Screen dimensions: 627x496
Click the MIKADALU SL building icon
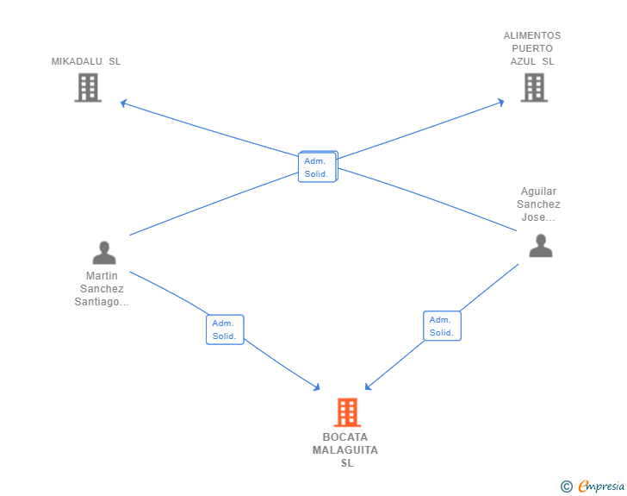pyautogui.click(x=88, y=88)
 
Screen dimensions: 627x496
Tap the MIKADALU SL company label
pyautogui.click(x=86, y=61)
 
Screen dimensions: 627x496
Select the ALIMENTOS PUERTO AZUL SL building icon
pyautogui.click(x=534, y=88)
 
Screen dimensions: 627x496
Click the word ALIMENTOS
pyautogui.click(x=532, y=35)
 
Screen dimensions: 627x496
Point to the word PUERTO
pyautogui.click(x=532, y=48)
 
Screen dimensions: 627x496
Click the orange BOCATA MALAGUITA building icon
pyautogui.click(x=347, y=412)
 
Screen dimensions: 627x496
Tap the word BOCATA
pyautogui.click(x=345, y=436)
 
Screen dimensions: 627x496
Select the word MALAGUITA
pyautogui.click(x=345, y=450)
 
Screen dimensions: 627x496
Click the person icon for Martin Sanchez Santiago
pyautogui.click(x=104, y=253)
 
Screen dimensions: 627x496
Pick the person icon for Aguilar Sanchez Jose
pyautogui.click(x=541, y=246)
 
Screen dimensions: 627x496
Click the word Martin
pyautogui.click(x=102, y=276)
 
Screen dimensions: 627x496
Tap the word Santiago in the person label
pyautogui.click(x=96, y=301)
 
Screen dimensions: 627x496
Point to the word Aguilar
pyautogui.click(x=538, y=191)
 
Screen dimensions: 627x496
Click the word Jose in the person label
pyautogui.click(x=533, y=217)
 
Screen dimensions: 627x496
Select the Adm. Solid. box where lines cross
pyautogui.click(x=318, y=166)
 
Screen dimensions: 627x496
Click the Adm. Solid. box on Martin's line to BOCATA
pyautogui.click(x=225, y=330)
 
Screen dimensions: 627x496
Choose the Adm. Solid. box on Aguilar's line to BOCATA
pyautogui.click(x=442, y=326)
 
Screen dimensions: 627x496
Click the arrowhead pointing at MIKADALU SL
pyautogui.click(x=123, y=104)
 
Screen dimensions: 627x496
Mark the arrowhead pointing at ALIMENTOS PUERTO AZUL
pyautogui.click(x=500, y=102)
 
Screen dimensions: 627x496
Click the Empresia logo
pyautogui.click(x=593, y=486)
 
